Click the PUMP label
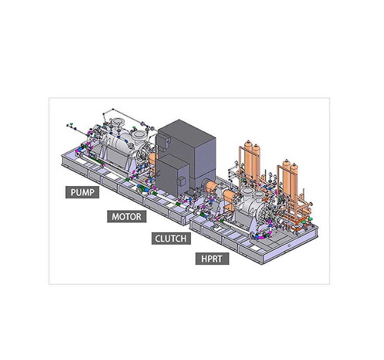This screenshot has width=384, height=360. coord(82,192)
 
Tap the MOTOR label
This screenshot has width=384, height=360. coord(127,217)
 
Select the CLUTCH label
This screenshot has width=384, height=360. coord(171,239)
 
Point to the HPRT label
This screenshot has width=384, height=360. coord(212,259)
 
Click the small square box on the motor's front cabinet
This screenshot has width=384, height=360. coord(182,181)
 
